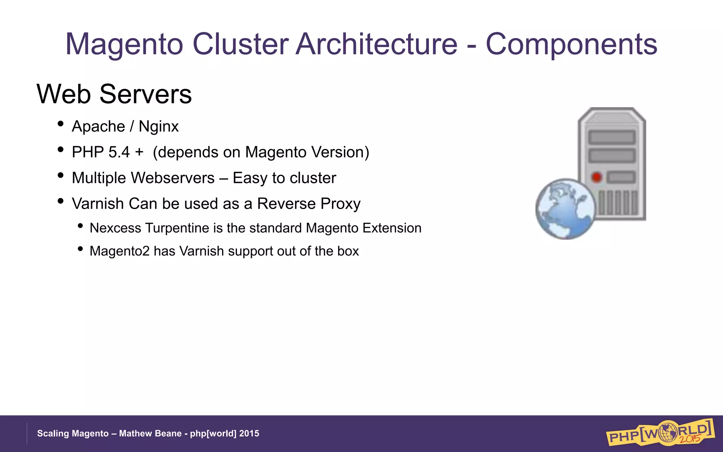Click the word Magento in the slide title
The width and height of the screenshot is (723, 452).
124,44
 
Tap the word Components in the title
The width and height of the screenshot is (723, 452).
571,44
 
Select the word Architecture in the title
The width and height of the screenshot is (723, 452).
376,44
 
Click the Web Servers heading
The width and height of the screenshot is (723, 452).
114,94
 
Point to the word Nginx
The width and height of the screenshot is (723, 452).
159,126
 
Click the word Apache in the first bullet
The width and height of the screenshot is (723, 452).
98,126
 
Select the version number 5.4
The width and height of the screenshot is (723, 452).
119,152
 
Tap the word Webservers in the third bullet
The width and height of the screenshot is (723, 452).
173,178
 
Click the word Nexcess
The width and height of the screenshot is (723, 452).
115,228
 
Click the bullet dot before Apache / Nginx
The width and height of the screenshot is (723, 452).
60,124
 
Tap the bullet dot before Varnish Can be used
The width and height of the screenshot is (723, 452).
60,201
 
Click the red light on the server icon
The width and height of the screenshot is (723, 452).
597,177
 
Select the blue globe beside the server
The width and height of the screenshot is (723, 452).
565,209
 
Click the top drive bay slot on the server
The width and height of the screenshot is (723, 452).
612,137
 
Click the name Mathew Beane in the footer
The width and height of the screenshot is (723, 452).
150,434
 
